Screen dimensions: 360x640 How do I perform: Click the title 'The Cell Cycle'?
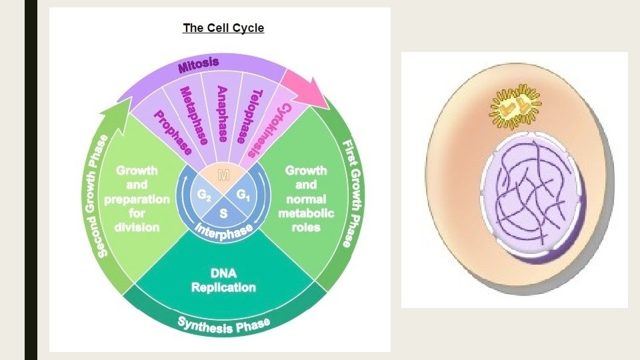point(223,28)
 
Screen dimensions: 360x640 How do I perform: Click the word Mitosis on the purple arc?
point(198,65)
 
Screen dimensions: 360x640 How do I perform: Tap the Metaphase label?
point(194,115)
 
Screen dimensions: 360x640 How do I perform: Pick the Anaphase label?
point(223,113)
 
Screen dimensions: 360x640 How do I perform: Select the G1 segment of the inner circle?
point(243,195)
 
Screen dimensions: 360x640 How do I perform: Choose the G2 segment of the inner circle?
point(205,195)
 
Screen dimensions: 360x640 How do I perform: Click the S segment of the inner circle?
point(223,214)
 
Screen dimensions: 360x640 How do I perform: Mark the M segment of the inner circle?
point(223,177)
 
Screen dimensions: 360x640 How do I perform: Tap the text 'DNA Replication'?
point(223,281)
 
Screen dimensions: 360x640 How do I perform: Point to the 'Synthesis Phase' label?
point(224,325)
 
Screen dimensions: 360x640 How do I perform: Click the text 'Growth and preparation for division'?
point(137,199)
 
